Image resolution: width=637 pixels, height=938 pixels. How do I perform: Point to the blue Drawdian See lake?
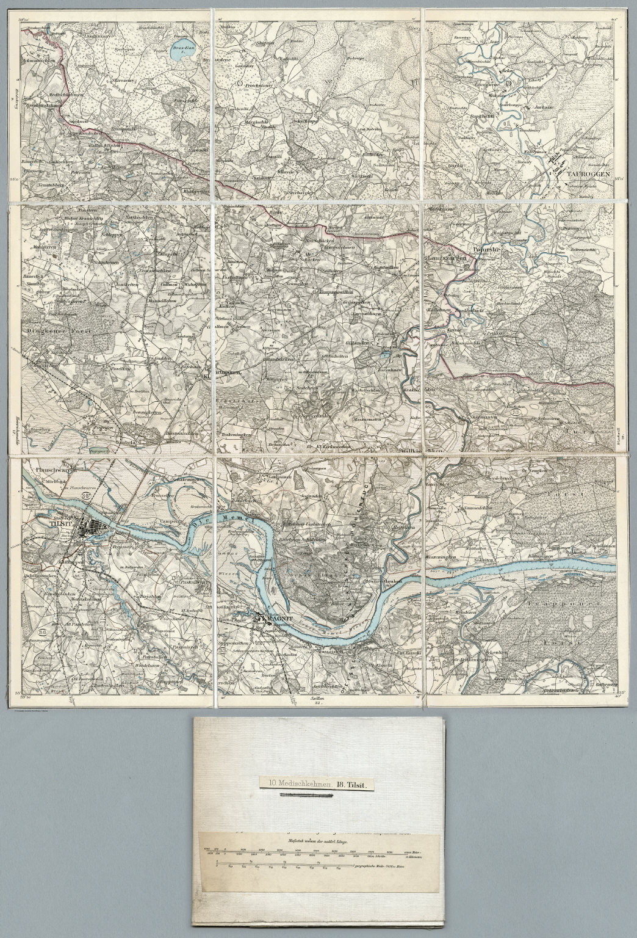tap(181, 54)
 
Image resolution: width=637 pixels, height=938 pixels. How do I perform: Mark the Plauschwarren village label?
tap(57, 470)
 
